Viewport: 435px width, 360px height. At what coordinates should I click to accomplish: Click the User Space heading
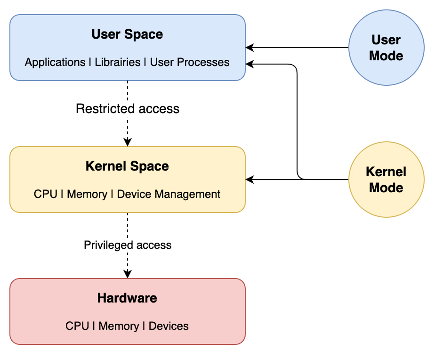click(x=127, y=34)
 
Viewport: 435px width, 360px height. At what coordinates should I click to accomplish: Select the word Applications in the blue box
click(x=55, y=62)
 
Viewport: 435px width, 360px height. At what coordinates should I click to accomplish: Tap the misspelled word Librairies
click(x=118, y=62)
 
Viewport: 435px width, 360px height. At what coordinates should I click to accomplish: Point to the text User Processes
click(x=190, y=62)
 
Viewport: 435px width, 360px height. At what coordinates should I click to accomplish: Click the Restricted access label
click(x=128, y=109)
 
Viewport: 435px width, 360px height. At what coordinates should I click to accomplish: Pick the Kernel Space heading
click(x=127, y=166)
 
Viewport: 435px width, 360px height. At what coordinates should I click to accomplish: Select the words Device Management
click(x=169, y=194)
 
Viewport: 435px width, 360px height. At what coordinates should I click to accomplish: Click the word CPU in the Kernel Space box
click(x=46, y=194)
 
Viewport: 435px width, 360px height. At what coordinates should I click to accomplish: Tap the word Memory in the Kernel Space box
click(x=87, y=194)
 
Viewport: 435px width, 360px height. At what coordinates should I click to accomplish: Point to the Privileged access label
click(x=128, y=245)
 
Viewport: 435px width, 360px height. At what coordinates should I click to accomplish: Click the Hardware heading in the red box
click(x=127, y=298)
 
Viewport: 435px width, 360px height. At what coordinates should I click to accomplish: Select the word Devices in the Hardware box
click(x=169, y=326)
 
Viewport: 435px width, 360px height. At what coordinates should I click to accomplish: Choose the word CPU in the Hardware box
click(x=77, y=326)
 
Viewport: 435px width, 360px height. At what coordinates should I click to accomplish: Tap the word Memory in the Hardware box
click(x=119, y=326)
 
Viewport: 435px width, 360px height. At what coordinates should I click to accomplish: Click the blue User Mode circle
click(x=386, y=48)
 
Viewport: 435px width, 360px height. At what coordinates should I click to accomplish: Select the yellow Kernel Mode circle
click(x=386, y=180)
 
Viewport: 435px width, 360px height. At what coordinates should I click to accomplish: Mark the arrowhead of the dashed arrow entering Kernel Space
click(x=128, y=142)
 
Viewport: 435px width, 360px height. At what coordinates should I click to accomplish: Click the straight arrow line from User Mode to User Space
click(x=301, y=48)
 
